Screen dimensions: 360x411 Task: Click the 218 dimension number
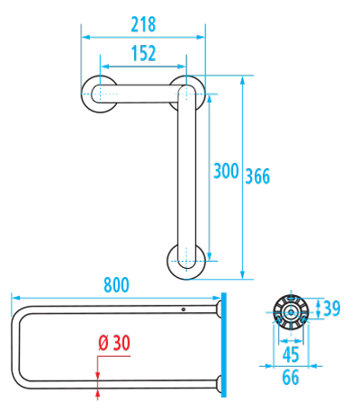143,24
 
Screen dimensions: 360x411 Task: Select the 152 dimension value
144,53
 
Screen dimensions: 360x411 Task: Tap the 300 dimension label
226,171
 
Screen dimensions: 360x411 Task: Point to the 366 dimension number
257,176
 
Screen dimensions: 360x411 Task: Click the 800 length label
116,285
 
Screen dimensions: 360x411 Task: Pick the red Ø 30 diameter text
114,343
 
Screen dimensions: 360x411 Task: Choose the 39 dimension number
332,308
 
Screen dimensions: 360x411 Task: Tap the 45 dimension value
291,354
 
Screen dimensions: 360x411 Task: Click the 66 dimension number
291,377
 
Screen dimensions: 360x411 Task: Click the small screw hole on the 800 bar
184,309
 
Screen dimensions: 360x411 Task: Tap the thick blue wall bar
223,344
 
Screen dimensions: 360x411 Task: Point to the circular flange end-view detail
291,313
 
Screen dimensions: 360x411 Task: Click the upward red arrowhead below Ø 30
97,394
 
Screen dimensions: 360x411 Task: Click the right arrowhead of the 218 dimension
201,37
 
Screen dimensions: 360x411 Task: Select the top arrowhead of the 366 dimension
243,80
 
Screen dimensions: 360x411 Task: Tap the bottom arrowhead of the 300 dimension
210,255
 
